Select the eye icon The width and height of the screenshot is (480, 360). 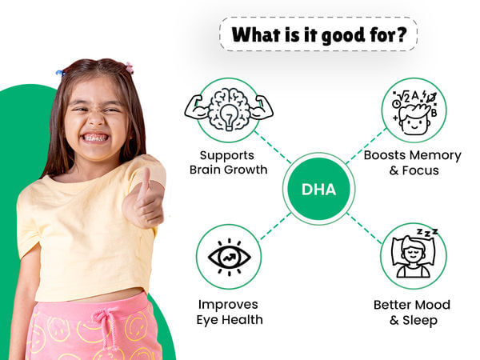(229, 256)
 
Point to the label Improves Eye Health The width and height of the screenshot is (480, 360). (229, 312)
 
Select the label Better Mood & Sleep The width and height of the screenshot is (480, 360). (412, 312)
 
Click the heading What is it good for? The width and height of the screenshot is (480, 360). (318, 36)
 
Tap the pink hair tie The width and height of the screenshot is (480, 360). (128, 68)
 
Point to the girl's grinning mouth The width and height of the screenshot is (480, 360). (94, 137)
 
